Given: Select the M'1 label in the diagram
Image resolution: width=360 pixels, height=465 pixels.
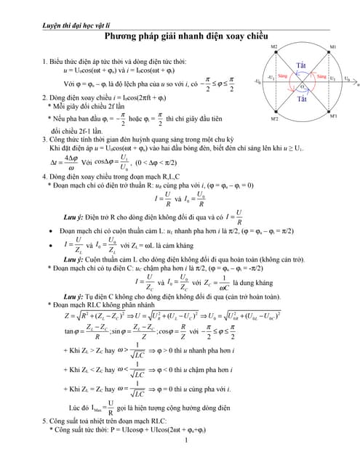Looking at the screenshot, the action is (334, 116).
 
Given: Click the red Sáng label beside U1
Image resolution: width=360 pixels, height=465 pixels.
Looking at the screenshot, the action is (321, 76).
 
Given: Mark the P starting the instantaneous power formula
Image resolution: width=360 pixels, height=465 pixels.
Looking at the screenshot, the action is (111, 430).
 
